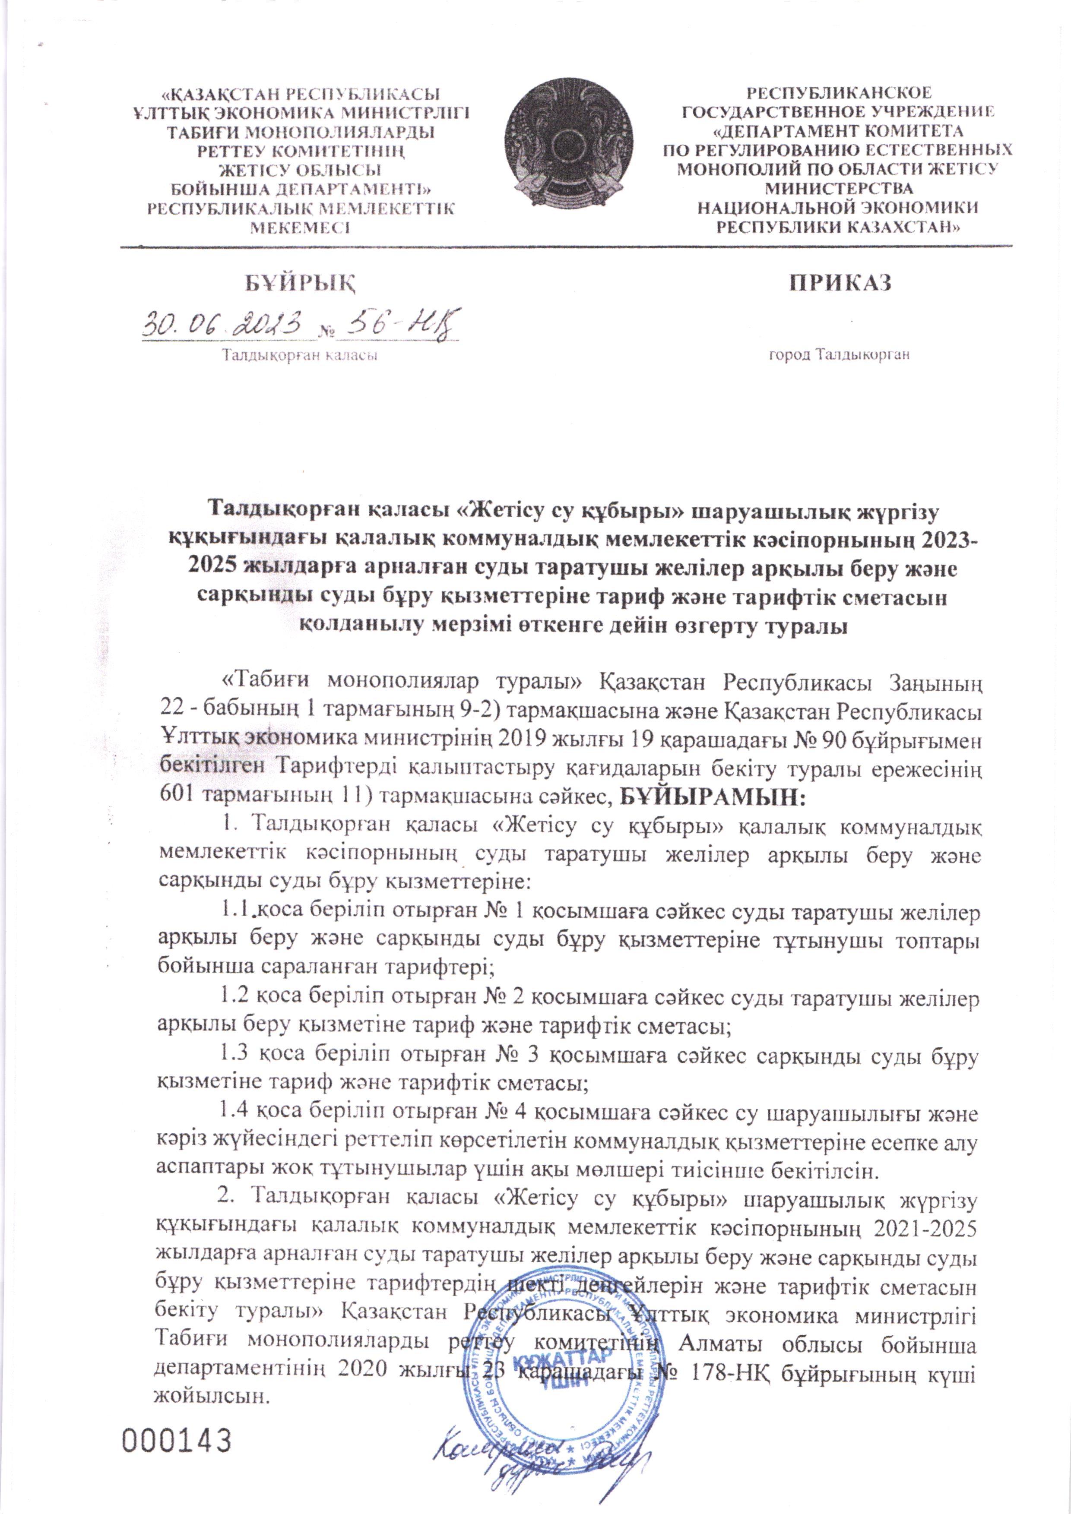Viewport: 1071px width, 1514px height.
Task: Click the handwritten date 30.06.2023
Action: pyautogui.click(x=224, y=325)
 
